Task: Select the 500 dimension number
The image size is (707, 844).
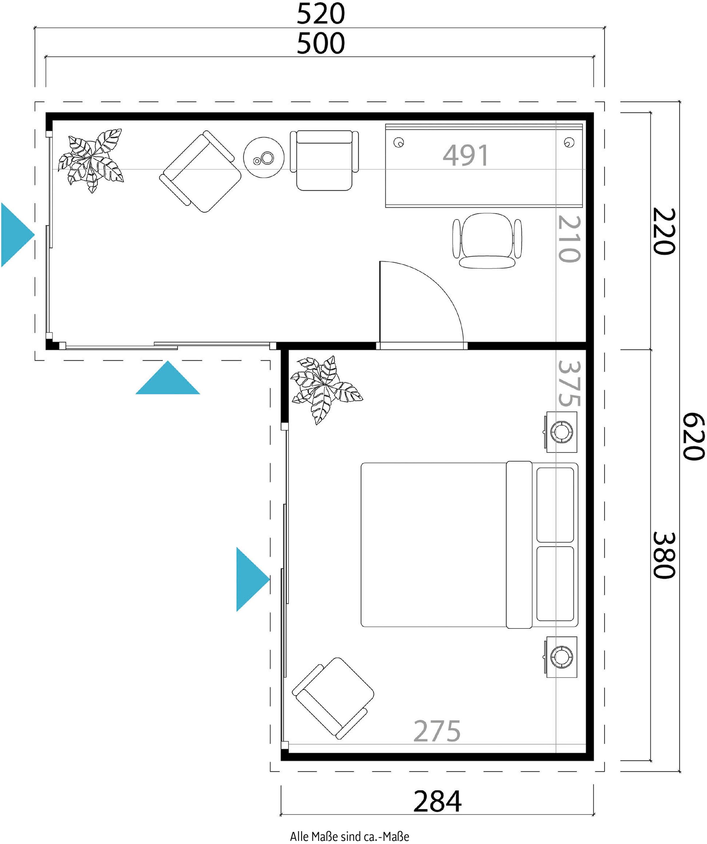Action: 321,43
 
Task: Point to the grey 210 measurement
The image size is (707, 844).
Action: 569,239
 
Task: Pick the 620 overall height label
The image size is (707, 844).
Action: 694,436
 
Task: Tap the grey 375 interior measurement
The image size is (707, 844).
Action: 569,383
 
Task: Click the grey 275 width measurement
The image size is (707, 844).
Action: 437,731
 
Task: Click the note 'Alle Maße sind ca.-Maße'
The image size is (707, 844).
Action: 349,836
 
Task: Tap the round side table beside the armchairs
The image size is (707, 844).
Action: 264,158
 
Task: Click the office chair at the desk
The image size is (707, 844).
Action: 487,240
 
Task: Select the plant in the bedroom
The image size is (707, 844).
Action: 326,389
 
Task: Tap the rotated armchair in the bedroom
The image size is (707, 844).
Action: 333,699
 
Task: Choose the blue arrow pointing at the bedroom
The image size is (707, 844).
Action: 253,579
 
